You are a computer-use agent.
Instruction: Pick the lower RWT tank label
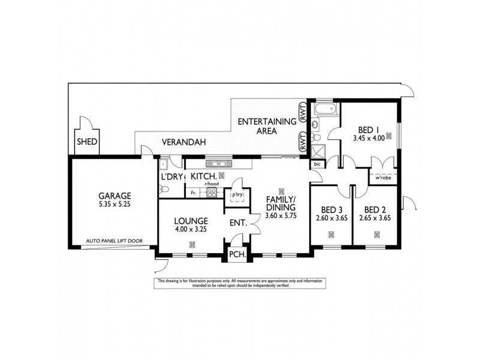click(x=302, y=142)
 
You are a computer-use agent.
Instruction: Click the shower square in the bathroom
click(x=318, y=149)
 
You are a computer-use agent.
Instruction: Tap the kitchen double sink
click(x=214, y=163)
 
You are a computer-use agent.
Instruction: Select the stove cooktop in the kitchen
click(x=211, y=192)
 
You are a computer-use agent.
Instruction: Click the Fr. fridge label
click(x=193, y=193)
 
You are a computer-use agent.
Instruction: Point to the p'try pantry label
click(x=235, y=196)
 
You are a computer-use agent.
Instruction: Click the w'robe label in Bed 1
click(x=382, y=178)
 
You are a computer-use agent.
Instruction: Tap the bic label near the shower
click(x=317, y=163)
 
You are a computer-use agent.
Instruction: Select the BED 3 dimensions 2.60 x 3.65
click(x=331, y=218)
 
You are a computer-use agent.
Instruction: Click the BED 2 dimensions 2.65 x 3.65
click(x=374, y=218)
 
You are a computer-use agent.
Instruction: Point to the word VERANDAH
click(x=184, y=143)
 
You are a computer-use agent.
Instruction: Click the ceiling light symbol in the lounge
click(x=192, y=244)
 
